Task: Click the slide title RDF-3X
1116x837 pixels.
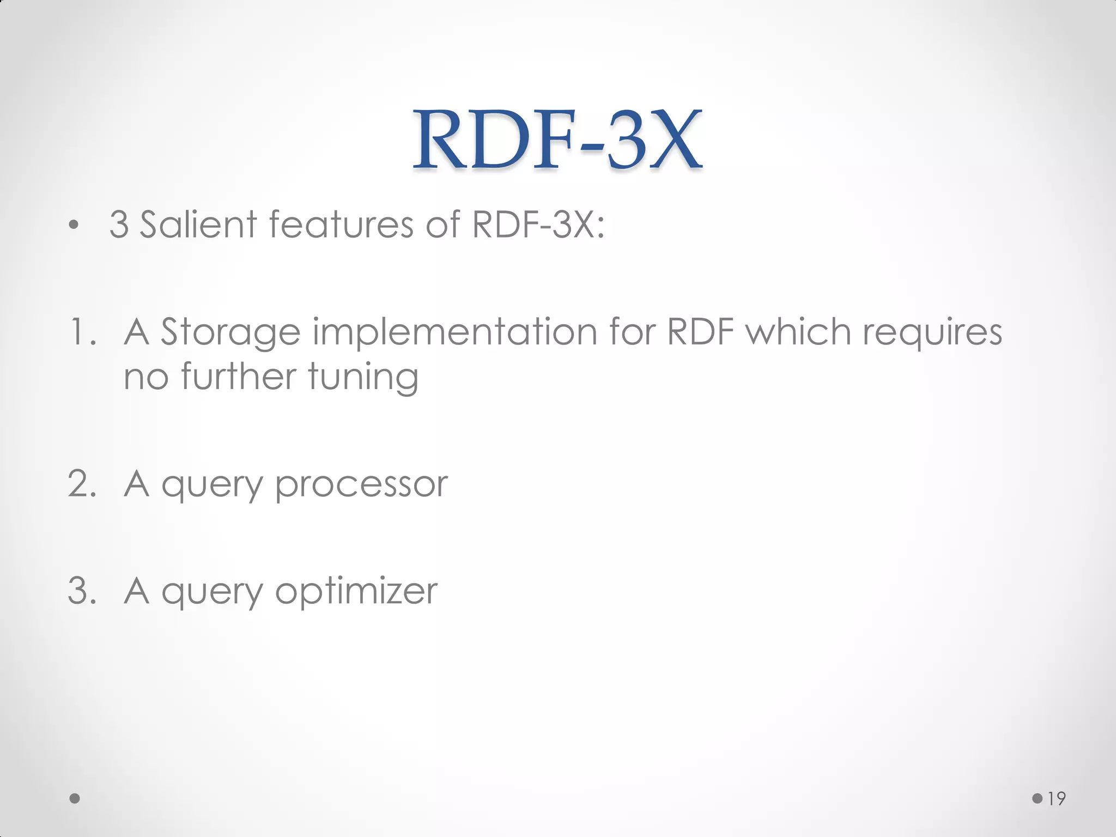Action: tap(557, 141)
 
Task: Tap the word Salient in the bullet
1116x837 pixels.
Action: tap(198, 225)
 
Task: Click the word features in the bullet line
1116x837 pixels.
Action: tap(341, 225)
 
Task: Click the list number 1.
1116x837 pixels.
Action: tap(82, 332)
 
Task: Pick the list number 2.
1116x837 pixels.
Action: tap(82, 483)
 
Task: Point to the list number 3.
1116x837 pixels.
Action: tap(82, 591)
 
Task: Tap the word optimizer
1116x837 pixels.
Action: tap(356, 592)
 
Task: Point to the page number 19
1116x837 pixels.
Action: tap(1057, 799)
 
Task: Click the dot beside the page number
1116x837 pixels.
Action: tap(1038, 798)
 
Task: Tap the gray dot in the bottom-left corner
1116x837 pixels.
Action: tap(75, 799)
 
